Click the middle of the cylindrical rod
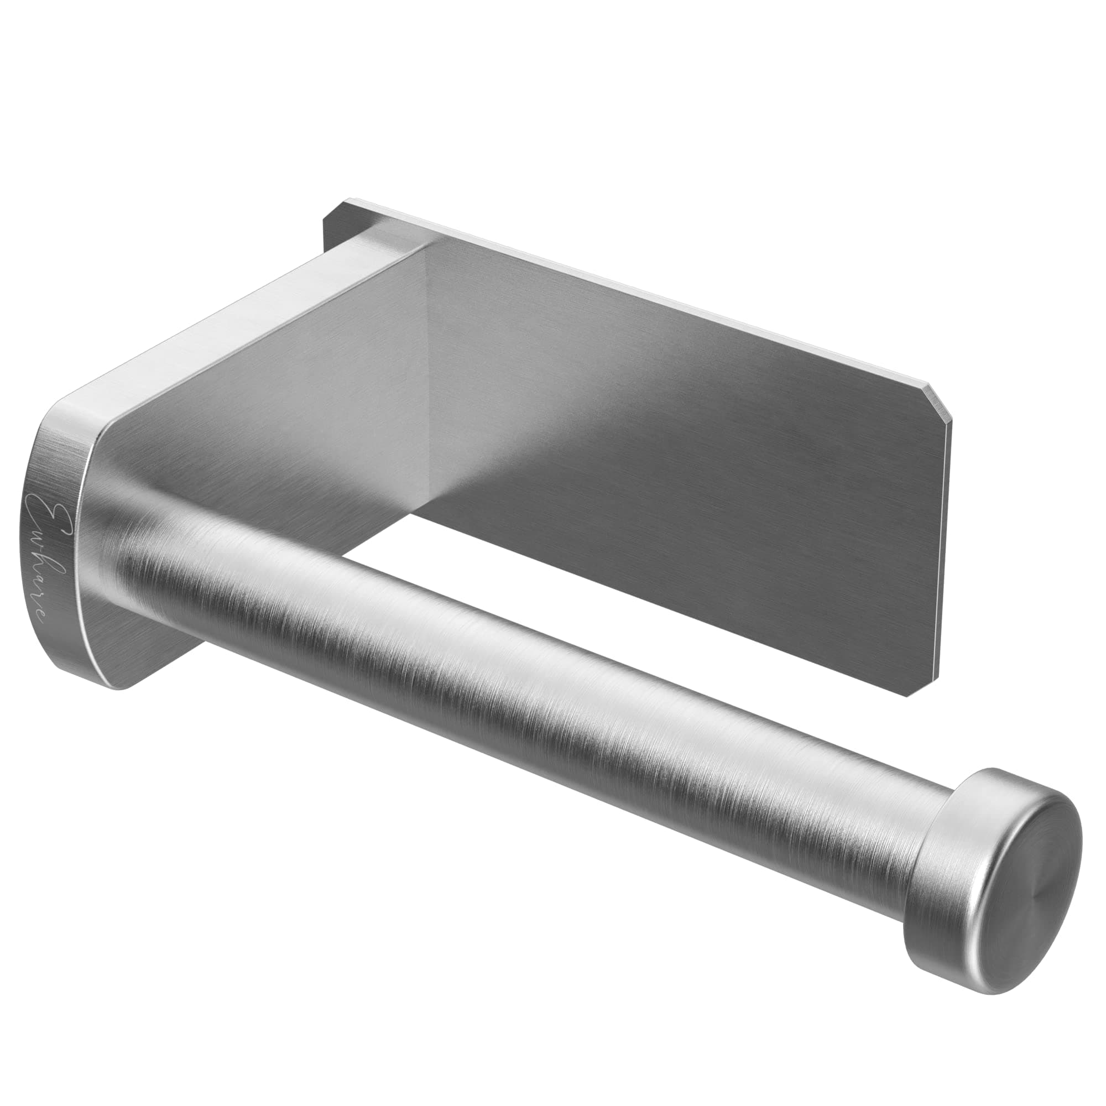[x=515, y=676]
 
